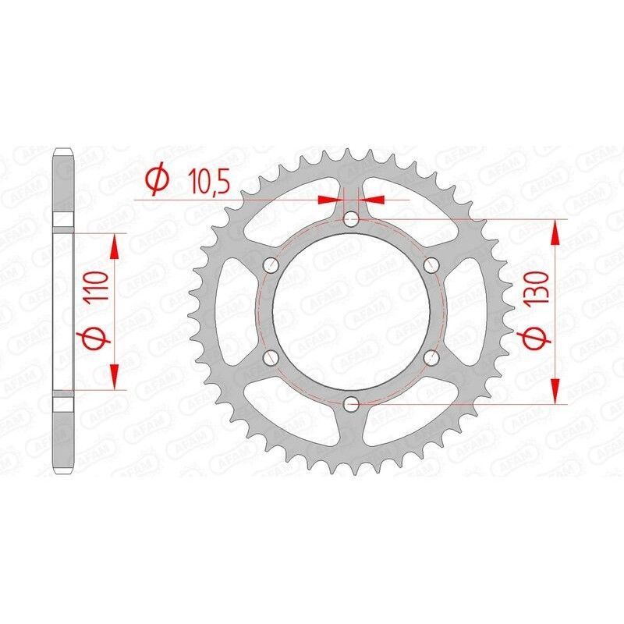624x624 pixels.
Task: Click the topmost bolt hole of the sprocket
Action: coord(351,220)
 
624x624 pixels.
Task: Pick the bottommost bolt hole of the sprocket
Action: coord(351,404)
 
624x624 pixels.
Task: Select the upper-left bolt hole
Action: coord(271,266)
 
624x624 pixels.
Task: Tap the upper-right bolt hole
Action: coord(431,266)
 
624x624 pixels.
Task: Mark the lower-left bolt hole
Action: coord(271,358)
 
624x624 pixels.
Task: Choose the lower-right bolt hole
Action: coord(431,358)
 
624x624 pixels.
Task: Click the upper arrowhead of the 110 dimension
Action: coord(115,248)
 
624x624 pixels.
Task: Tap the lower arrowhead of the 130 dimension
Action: coord(555,392)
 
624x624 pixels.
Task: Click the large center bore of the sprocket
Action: coord(351,312)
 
